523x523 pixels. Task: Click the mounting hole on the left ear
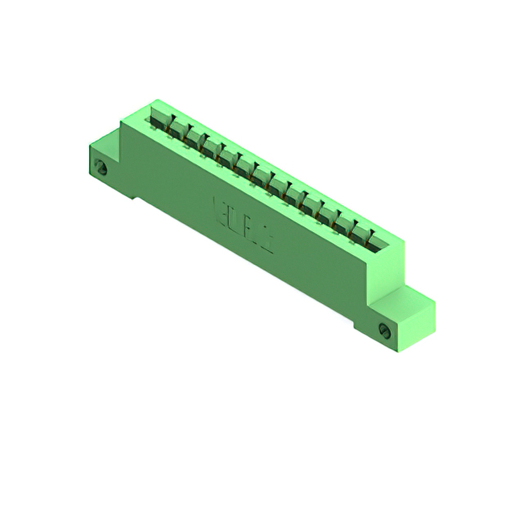102,168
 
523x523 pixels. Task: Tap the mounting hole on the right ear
384,330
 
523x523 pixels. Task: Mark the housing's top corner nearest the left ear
123,123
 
